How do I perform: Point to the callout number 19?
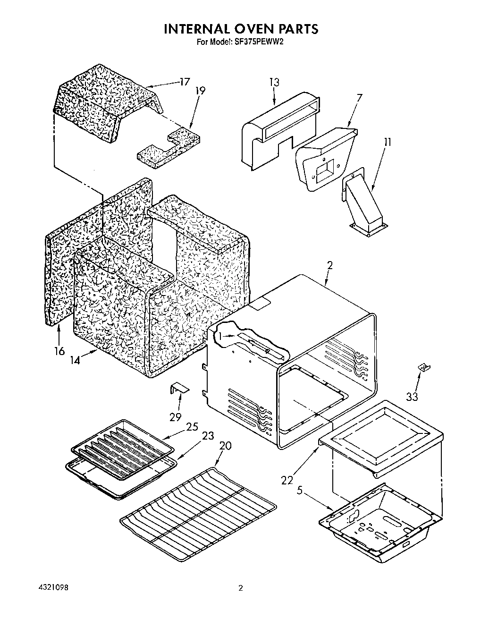[200, 91]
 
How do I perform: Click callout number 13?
[274, 82]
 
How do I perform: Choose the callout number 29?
[175, 417]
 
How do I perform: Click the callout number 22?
[287, 480]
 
